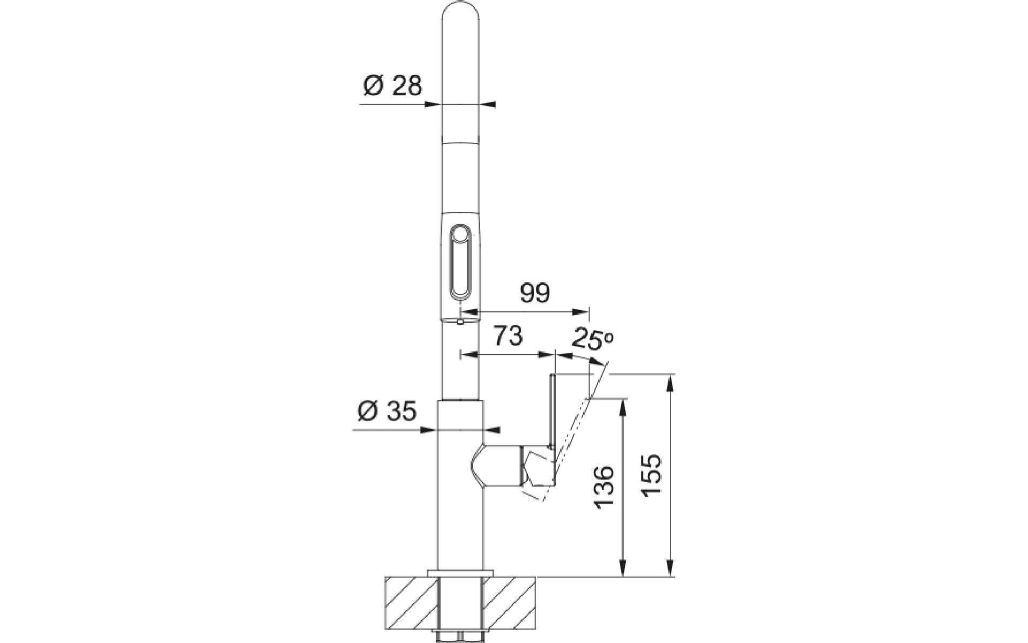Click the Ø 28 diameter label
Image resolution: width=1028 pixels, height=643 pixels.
(392, 86)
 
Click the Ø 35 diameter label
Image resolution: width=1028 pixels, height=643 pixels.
(386, 411)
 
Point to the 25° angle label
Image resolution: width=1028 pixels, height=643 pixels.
(592, 339)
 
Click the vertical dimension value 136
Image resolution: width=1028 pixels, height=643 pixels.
(603, 487)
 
